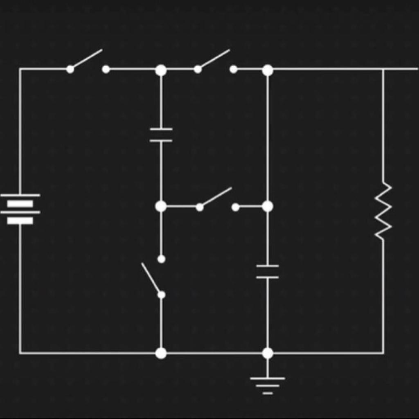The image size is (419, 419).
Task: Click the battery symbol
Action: (x=20, y=208)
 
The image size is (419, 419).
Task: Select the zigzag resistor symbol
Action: (x=383, y=211)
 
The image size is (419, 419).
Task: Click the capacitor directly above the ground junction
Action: (x=268, y=271)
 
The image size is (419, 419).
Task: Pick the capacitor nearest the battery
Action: (x=161, y=135)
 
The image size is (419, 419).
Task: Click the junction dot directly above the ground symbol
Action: (x=268, y=353)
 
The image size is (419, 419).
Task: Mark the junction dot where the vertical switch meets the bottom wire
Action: (x=161, y=353)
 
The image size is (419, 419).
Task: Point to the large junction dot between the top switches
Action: (x=161, y=70)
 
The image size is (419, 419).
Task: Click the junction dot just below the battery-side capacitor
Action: (x=161, y=206)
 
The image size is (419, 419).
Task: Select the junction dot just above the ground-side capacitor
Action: (x=268, y=206)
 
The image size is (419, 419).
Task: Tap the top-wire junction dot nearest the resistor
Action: (x=268, y=70)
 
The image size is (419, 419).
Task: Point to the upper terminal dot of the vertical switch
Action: (x=161, y=259)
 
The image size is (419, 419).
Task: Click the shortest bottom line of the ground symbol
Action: (x=268, y=393)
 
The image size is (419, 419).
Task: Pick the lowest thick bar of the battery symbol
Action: (x=20, y=221)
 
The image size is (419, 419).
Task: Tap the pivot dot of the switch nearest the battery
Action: (x=70, y=69)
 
